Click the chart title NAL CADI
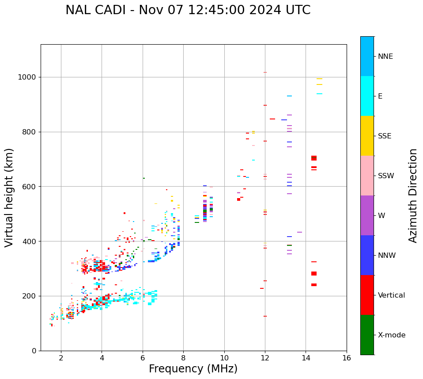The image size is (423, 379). (95, 10)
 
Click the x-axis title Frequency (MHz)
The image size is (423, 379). (193, 369)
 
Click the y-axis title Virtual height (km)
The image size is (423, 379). (9, 198)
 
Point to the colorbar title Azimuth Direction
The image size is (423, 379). (413, 195)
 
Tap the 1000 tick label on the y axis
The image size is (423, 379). (27, 77)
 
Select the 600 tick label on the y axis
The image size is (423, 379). (30, 187)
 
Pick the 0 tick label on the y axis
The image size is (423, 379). (34, 351)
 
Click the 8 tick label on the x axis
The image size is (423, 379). (183, 358)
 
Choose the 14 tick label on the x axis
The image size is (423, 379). (306, 358)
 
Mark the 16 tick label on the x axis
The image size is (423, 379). (347, 358)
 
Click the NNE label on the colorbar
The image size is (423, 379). (385, 57)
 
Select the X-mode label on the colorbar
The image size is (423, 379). (392, 335)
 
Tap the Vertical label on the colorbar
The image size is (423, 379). (391, 295)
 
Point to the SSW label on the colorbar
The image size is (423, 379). (386, 176)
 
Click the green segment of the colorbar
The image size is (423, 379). (367, 335)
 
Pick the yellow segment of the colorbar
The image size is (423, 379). (367, 136)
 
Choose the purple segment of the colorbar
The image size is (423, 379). (367, 215)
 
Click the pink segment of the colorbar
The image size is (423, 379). (367, 176)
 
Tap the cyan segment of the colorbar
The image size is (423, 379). (367, 96)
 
